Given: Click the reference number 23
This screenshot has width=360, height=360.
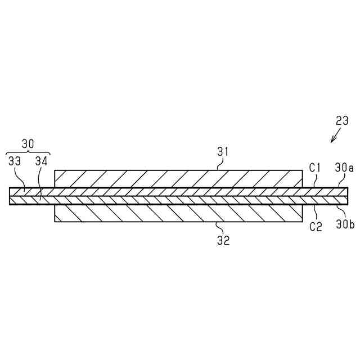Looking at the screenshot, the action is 342,120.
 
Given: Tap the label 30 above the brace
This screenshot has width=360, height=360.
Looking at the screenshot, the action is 27,144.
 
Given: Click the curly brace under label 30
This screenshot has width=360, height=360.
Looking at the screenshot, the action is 27,152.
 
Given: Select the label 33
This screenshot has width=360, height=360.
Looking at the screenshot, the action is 15,161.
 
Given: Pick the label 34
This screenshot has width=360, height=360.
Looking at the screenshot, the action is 41,161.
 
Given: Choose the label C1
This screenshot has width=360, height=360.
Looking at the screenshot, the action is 315,167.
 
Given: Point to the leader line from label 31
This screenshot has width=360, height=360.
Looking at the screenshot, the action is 221,163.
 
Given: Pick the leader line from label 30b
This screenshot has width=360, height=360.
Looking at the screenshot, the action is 339,213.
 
